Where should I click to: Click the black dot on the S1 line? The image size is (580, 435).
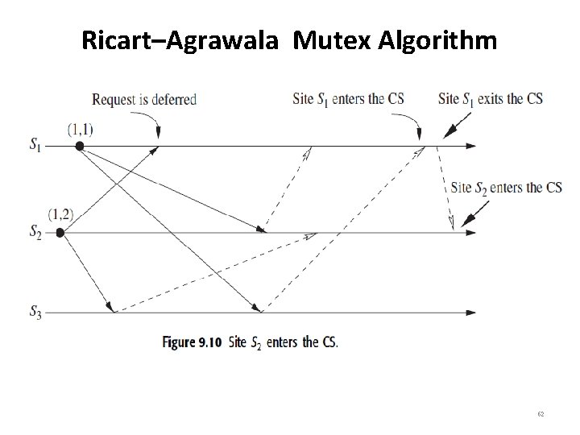tap(79, 146)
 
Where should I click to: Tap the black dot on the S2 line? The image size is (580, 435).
tap(60, 233)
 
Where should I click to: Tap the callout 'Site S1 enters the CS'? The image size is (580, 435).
tap(347, 100)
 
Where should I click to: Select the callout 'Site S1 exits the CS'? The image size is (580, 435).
tap(490, 100)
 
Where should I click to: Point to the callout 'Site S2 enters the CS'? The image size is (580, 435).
tap(507, 188)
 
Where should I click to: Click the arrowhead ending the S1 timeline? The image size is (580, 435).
tap(470, 146)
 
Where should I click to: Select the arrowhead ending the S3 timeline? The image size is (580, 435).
tap(470, 312)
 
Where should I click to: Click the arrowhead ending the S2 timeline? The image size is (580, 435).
tap(470, 233)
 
